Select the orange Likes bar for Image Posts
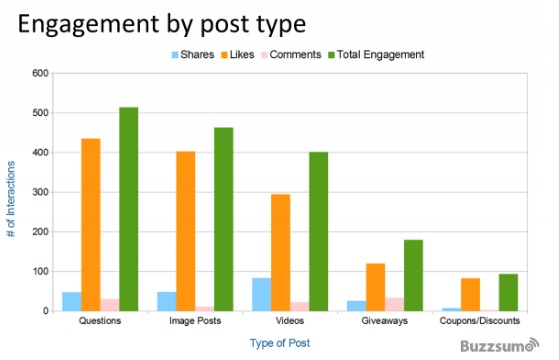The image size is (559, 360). [186, 231]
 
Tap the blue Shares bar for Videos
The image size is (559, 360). [261, 294]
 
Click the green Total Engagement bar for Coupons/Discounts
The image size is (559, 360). [508, 292]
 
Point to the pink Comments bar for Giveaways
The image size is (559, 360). [395, 304]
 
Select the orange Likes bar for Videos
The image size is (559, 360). [280, 252]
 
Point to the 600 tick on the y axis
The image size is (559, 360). [40, 73]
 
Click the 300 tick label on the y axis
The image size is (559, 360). [40, 192]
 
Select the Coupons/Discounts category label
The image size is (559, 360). [480, 322]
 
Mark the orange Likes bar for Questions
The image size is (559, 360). [90, 224]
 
